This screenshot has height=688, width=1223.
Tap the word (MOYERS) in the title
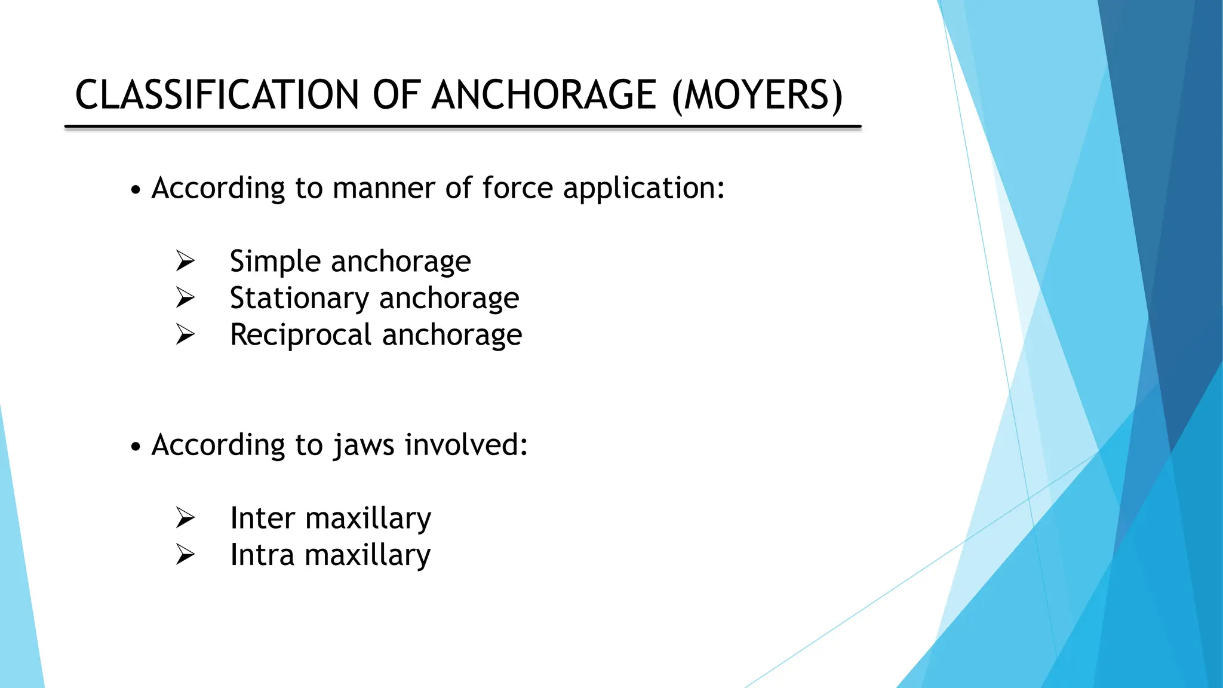tap(757, 95)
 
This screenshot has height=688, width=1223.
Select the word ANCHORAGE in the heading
tap(544, 95)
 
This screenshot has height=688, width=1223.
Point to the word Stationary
tap(299, 299)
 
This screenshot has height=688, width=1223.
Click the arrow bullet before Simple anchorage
tap(186, 261)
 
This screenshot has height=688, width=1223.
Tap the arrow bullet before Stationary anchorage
tap(186, 297)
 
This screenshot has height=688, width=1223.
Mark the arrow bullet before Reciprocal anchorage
tap(186, 334)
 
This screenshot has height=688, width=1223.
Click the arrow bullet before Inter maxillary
tap(186, 518)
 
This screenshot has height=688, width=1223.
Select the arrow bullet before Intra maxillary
tap(186, 555)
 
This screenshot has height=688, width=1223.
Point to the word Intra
tap(262, 555)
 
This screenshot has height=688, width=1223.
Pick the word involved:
tap(466, 444)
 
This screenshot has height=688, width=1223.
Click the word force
tap(517, 188)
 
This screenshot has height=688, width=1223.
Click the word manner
tap(384, 188)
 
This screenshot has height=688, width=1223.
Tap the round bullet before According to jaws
tap(136, 447)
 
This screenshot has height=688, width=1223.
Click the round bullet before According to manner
tap(136, 191)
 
